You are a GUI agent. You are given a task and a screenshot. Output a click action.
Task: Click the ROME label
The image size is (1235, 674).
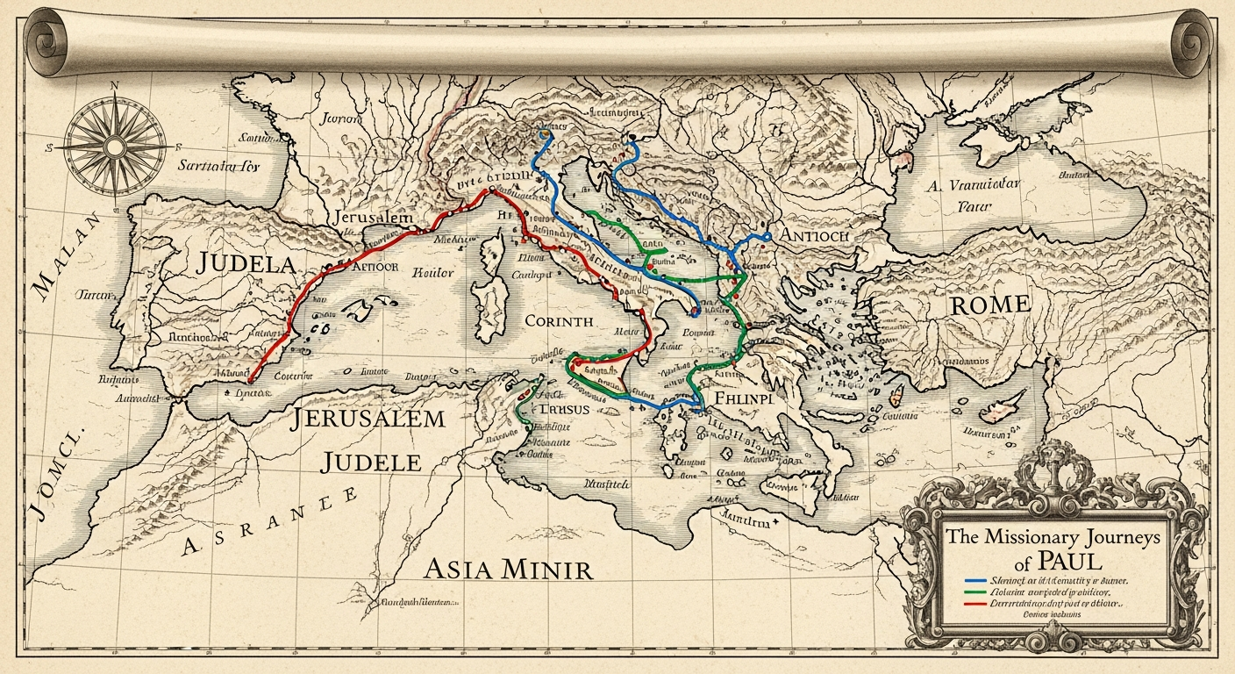click(989, 305)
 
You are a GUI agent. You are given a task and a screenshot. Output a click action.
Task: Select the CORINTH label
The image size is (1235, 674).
click(559, 321)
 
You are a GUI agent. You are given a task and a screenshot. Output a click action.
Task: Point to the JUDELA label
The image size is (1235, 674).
click(246, 263)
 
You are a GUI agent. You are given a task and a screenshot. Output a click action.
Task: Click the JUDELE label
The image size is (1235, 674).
click(376, 462)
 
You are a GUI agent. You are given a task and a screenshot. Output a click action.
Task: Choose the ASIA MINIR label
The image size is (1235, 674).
click(508, 569)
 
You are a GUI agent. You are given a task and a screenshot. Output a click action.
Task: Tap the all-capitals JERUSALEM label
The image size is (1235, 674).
click(369, 419)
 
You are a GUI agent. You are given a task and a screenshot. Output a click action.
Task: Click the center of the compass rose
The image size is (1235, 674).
click(114, 145)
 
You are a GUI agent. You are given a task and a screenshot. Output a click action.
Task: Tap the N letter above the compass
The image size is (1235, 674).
click(114, 85)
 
